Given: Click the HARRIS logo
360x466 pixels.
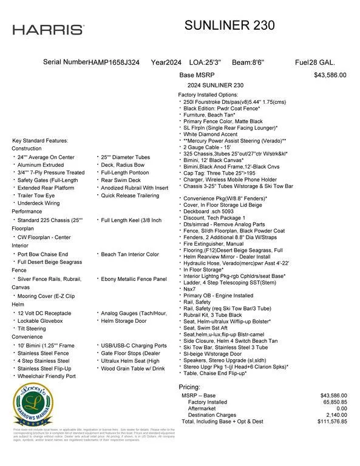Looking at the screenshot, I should [x=49, y=29].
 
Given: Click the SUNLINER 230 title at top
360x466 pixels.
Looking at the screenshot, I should [x=229, y=25].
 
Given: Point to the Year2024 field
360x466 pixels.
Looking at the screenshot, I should [x=166, y=62].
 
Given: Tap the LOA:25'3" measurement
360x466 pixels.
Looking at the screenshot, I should [x=205, y=62].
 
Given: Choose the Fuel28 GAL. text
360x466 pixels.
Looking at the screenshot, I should [x=314, y=62].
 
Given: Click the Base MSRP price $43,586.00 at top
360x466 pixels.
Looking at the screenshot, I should [x=330, y=75].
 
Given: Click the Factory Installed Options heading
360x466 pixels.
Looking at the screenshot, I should [x=208, y=95].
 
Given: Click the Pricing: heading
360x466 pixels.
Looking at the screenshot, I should [x=189, y=387].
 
